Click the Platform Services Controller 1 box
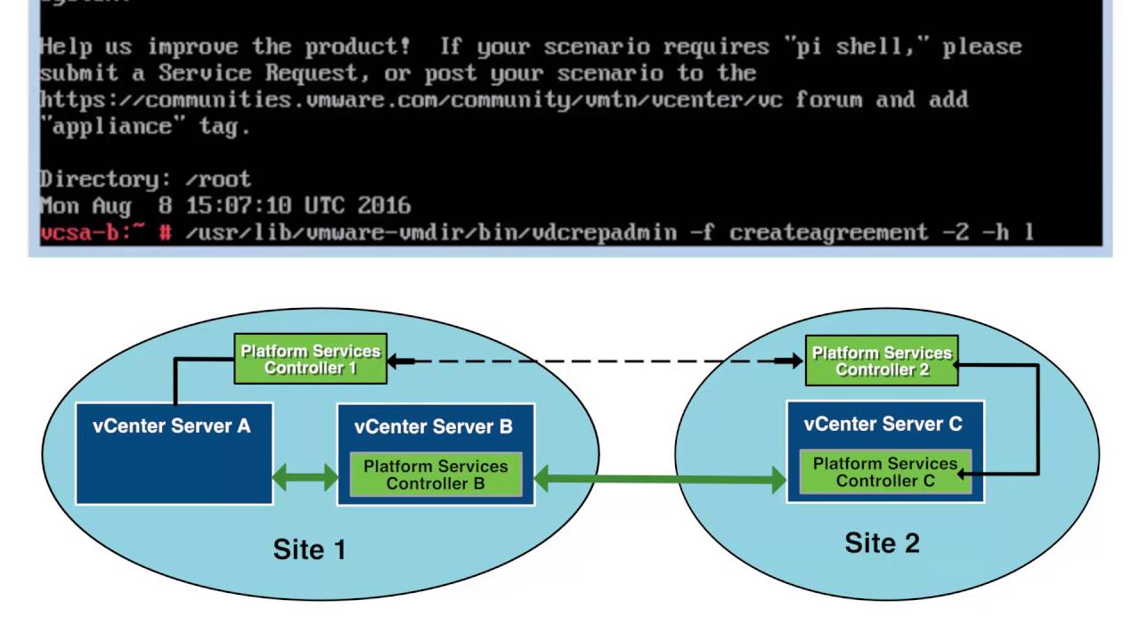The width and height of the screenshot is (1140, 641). [310, 359]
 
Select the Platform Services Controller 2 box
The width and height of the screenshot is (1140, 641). [882, 361]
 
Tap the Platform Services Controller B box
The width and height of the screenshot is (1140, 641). [436, 475]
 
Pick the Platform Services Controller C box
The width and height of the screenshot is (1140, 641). [885, 472]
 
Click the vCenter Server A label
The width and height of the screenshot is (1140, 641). [172, 426]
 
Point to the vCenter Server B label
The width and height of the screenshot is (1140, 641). [434, 426]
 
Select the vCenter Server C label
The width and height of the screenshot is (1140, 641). [883, 424]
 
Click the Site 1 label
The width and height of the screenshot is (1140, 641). [309, 550]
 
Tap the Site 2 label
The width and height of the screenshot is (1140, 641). [882, 543]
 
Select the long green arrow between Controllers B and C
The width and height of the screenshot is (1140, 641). [660, 481]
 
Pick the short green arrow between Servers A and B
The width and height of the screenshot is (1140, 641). [305, 477]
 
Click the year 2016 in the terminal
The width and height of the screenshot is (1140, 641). [384, 207]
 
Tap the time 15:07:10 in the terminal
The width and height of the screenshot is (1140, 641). [238, 207]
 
